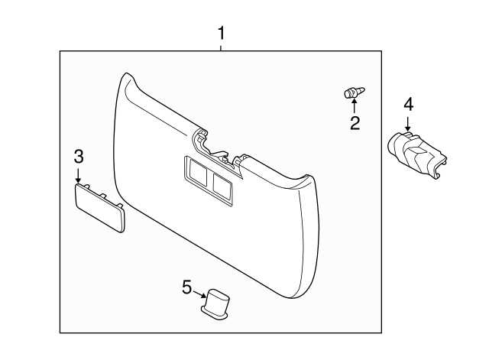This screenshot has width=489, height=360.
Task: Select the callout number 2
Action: [x=355, y=123]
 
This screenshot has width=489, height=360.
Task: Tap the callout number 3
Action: [x=79, y=157]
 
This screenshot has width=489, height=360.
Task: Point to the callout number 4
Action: [x=408, y=102]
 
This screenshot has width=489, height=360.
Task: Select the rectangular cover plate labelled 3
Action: [x=99, y=207]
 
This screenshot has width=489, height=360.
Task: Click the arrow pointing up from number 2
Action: [x=354, y=108]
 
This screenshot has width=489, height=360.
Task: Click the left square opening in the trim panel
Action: [x=196, y=170]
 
